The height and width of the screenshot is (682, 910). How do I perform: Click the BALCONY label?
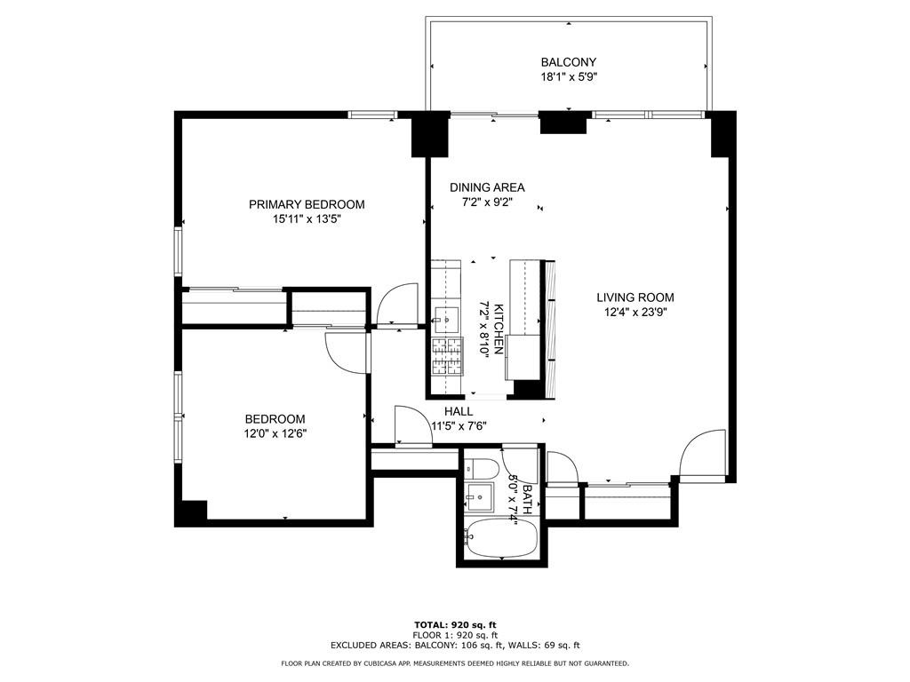pos(568,62)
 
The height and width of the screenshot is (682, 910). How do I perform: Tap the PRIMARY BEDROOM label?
pos(307,204)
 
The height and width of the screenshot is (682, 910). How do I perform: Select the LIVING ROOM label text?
pos(635,297)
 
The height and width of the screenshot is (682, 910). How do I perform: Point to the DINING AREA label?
pos(487,187)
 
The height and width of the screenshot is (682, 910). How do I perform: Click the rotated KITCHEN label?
pos(499,329)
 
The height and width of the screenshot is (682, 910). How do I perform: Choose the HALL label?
pos(459,411)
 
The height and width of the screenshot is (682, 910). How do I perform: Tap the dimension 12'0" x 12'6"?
pos(275,433)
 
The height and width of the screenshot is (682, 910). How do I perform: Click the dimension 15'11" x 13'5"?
pos(306,219)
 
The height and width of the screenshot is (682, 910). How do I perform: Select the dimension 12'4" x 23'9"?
pos(635,313)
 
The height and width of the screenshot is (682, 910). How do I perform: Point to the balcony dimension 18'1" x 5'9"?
pos(569,77)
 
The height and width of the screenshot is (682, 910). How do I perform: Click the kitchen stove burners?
pos(447,355)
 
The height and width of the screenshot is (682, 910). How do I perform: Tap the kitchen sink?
pos(446,319)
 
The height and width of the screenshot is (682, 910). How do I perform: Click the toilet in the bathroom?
pos(483,469)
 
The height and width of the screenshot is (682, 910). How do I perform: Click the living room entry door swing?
pos(702,456)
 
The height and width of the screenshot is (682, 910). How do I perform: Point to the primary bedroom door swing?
pos(397,305)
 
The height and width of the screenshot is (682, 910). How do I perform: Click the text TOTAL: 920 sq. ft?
pos(455,624)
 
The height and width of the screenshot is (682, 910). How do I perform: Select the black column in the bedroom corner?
pos(191,512)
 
